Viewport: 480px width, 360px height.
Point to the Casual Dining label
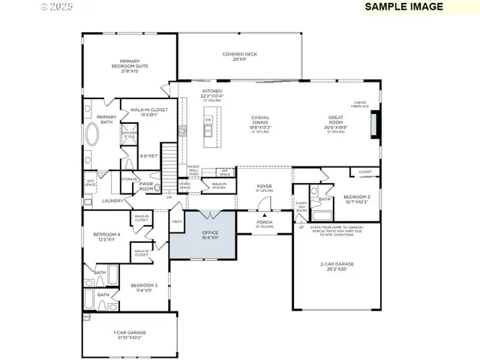[x=260, y=121]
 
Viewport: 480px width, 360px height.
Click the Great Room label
[x=335, y=121]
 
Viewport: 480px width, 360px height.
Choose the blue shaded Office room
[x=202, y=235]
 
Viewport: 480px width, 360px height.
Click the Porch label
[x=265, y=223]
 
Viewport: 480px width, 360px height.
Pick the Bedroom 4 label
[x=104, y=236]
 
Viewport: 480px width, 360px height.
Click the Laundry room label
[x=112, y=200]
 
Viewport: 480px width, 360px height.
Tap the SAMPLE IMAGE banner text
[x=403, y=7]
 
